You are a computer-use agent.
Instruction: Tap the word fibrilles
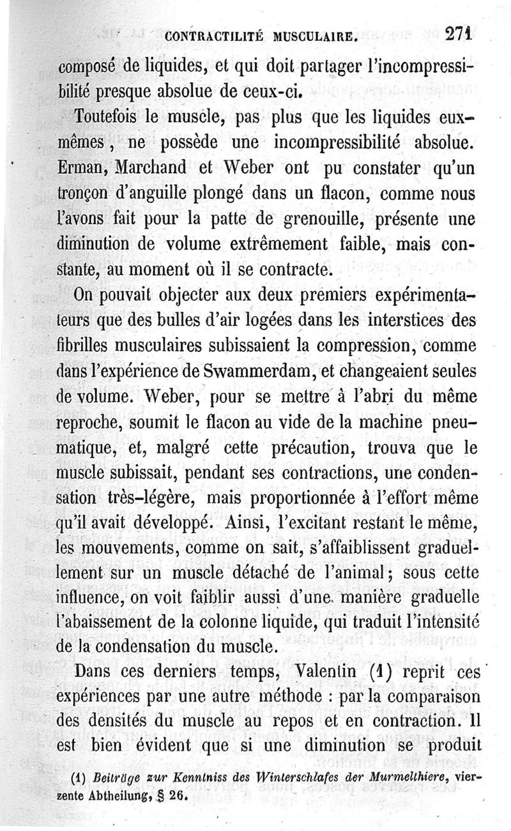pos(86,346)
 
